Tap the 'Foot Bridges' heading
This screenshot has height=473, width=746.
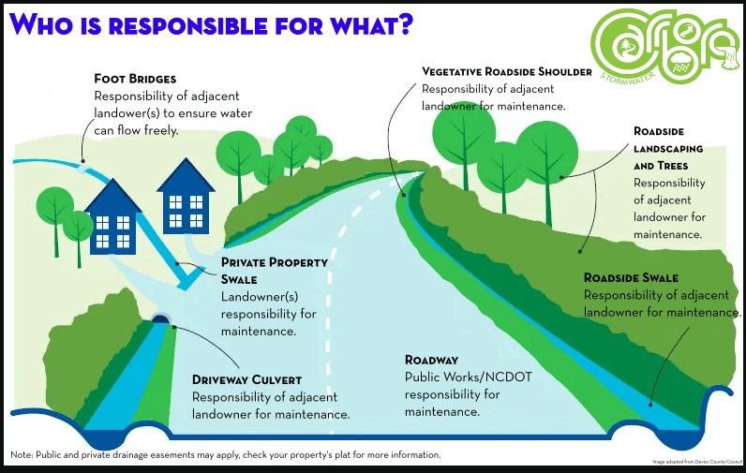(x=135, y=79)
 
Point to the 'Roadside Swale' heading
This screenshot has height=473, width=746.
(x=631, y=278)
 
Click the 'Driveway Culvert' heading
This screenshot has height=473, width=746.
(x=246, y=379)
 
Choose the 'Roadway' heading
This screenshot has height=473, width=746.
(x=431, y=360)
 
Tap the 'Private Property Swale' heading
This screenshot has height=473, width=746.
(x=274, y=271)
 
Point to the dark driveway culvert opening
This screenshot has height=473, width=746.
(x=160, y=318)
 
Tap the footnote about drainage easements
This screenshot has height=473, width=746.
(x=225, y=455)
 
